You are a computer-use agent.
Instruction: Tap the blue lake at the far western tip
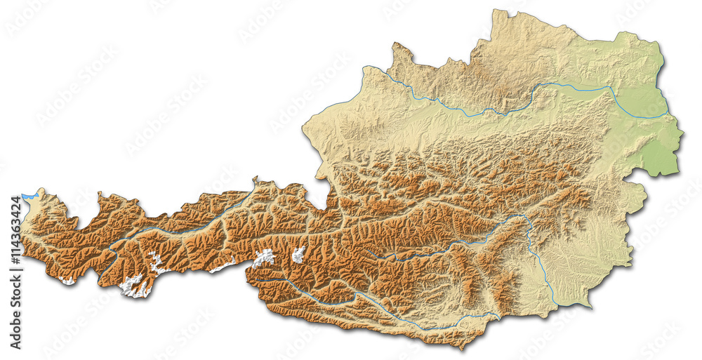click(28, 197)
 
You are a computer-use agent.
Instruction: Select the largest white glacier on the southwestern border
click(132, 286)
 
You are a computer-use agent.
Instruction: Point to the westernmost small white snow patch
click(67, 280)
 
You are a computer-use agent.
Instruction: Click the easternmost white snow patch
click(298, 254)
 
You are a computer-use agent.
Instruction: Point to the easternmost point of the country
click(683, 134)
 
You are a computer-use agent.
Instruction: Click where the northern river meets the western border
click(365, 67)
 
